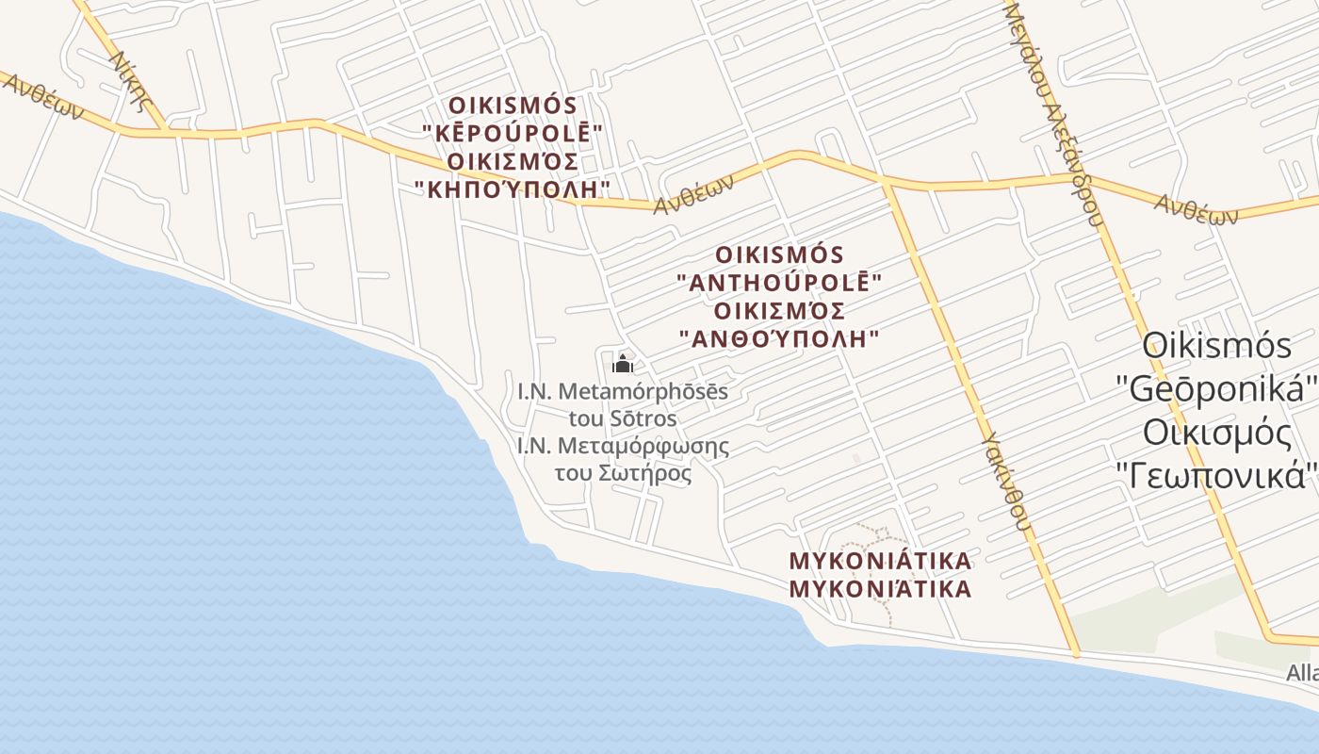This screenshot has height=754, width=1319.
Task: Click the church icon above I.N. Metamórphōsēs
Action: pos(622,364)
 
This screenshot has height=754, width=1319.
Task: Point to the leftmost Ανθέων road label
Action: pos(41,98)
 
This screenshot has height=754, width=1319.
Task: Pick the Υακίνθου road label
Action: pos(1004,482)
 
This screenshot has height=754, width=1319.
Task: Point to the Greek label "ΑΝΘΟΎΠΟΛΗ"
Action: pos(780,338)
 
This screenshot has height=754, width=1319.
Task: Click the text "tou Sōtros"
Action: pos(623,418)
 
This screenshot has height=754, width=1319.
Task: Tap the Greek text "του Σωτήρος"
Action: pos(623,473)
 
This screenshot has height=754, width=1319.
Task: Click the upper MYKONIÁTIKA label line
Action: pos(880,562)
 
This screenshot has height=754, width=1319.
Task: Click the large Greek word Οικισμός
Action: pos(1216,433)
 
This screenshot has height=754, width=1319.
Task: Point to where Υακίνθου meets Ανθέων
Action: pos(887,184)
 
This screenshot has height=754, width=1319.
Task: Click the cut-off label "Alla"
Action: pos(1302,673)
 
